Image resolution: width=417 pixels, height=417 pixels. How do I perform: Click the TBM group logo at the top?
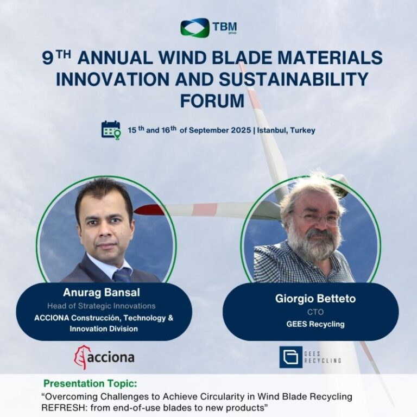(x=208, y=27)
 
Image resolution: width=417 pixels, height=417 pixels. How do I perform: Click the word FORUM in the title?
(x=212, y=101)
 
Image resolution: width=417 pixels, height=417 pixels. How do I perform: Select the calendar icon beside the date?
(x=111, y=130)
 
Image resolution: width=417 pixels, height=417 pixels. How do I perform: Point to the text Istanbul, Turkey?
(x=286, y=130)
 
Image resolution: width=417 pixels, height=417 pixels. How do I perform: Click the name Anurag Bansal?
(x=102, y=293)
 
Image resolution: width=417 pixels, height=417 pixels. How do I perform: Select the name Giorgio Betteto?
(x=315, y=299)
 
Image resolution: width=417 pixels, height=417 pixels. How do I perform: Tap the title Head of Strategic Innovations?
(x=102, y=306)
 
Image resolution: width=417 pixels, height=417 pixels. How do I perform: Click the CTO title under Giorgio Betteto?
(x=315, y=312)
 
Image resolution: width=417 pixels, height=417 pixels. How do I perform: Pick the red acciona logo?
(x=104, y=357)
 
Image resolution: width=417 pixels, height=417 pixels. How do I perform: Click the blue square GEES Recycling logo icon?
(x=290, y=357)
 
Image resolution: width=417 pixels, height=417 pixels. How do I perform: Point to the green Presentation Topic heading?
(x=91, y=383)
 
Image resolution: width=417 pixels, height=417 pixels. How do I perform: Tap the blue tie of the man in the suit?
(x=122, y=275)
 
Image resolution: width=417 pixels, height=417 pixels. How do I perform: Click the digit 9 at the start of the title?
(x=48, y=58)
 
